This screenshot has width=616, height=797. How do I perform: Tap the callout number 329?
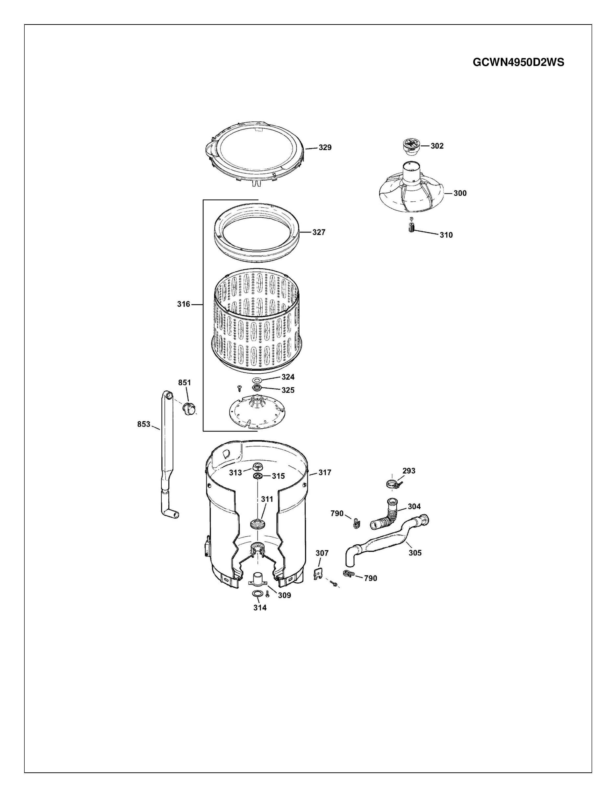[x=325, y=147]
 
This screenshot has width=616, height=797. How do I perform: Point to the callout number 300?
[x=460, y=193]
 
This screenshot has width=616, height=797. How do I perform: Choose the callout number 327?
[x=319, y=232]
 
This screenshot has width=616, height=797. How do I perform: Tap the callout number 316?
[x=184, y=304]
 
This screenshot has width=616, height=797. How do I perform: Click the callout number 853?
[x=144, y=424]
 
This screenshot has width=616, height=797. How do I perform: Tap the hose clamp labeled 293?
[x=393, y=484]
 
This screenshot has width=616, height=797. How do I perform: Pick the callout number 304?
[x=414, y=506]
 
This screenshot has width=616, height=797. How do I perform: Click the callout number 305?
[x=415, y=553]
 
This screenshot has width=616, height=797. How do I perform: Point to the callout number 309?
[x=285, y=595]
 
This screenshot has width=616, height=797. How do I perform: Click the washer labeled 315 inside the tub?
[x=258, y=476]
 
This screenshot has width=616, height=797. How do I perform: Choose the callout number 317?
[x=325, y=473]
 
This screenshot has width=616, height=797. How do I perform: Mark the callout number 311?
[x=267, y=499]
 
